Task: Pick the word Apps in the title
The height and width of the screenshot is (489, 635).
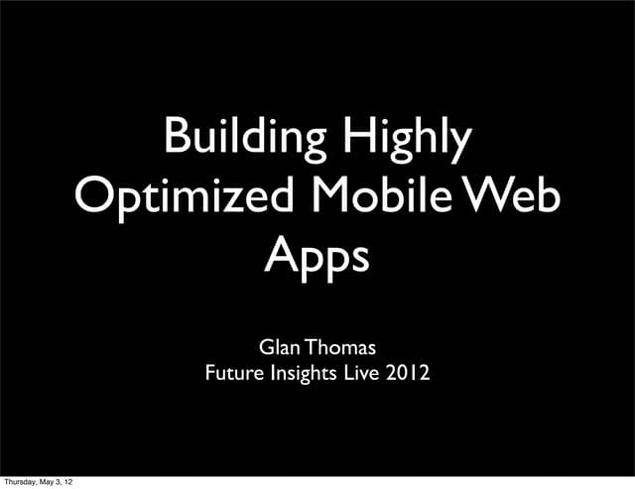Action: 317,256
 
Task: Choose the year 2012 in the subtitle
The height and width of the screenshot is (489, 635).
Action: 408,375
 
